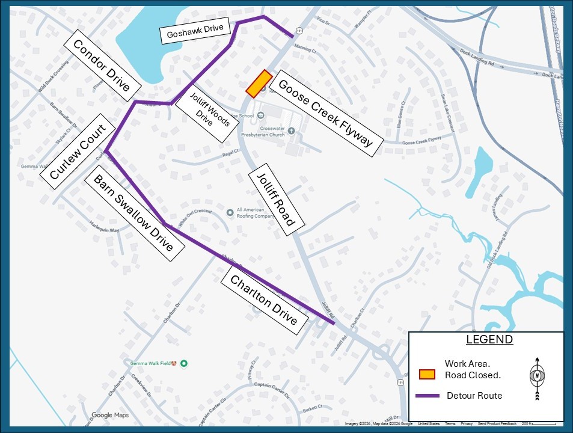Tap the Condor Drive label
(102, 66)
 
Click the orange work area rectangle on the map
(259, 84)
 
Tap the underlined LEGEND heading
(489, 340)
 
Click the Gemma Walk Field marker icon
(185, 363)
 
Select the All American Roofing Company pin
(230, 212)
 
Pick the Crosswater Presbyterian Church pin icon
(292, 131)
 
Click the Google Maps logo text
(110, 415)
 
